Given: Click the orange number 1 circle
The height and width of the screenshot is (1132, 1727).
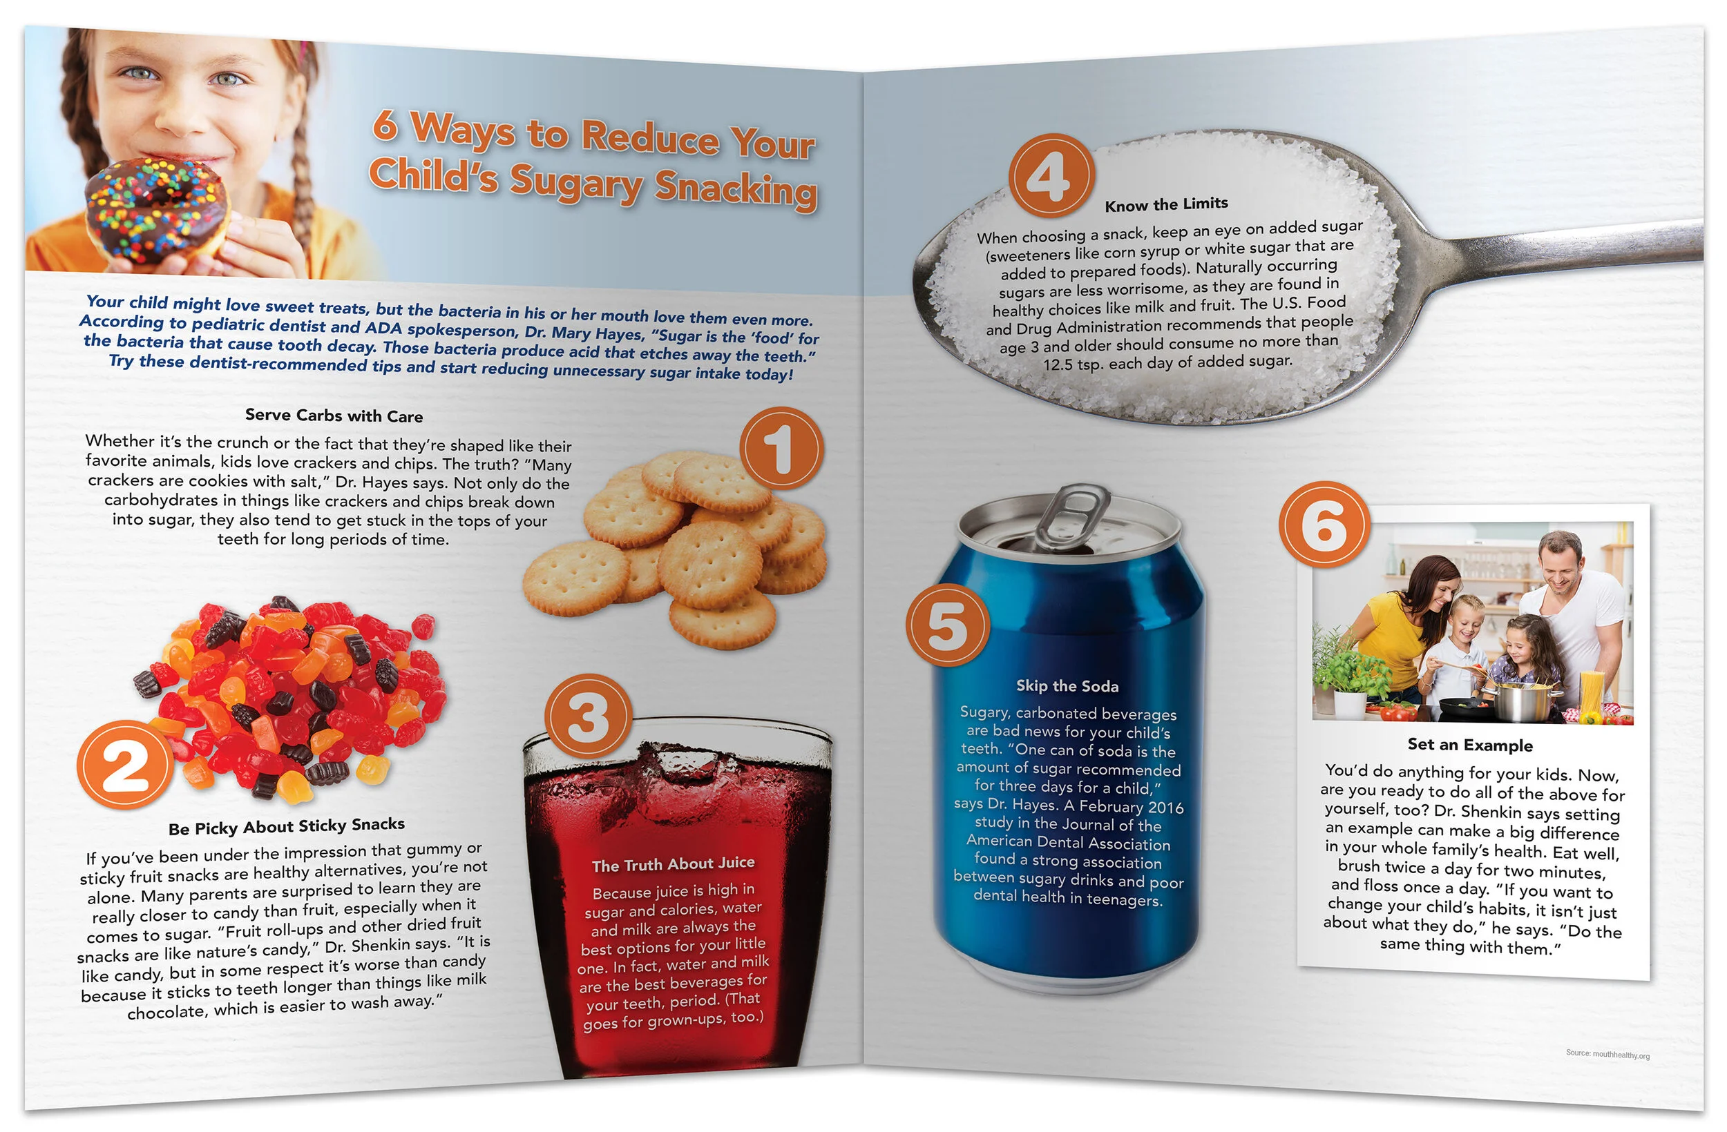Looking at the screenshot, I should pyautogui.click(x=781, y=448).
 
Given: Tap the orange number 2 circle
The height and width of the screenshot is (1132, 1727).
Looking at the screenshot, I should pyautogui.click(x=125, y=764).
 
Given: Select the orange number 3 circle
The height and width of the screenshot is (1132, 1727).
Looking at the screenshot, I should pyautogui.click(x=588, y=717).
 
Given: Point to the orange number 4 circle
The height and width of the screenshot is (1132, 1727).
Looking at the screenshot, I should pyautogui.click(x=1050, y=175).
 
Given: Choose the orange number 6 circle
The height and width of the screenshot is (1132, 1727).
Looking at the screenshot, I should pyautogui.click(x=1324, y=525).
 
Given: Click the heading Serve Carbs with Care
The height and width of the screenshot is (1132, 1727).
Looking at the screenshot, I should pyautogui.click(x=334, y=416).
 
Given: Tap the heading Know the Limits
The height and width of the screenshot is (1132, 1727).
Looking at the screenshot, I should pyautogui.click(x=1166, y=204).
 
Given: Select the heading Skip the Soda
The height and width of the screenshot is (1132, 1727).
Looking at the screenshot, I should pyautogui.click(x=1067, y=686).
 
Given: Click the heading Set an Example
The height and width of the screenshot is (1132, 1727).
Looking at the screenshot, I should pyautogui.click(x=1470, y=745).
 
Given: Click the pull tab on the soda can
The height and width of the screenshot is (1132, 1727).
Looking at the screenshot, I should pyautogui.click(x=1073, y=516).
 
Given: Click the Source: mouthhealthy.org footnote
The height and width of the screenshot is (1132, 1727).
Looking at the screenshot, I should pyautogui.click(x=1607, y=1055).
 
